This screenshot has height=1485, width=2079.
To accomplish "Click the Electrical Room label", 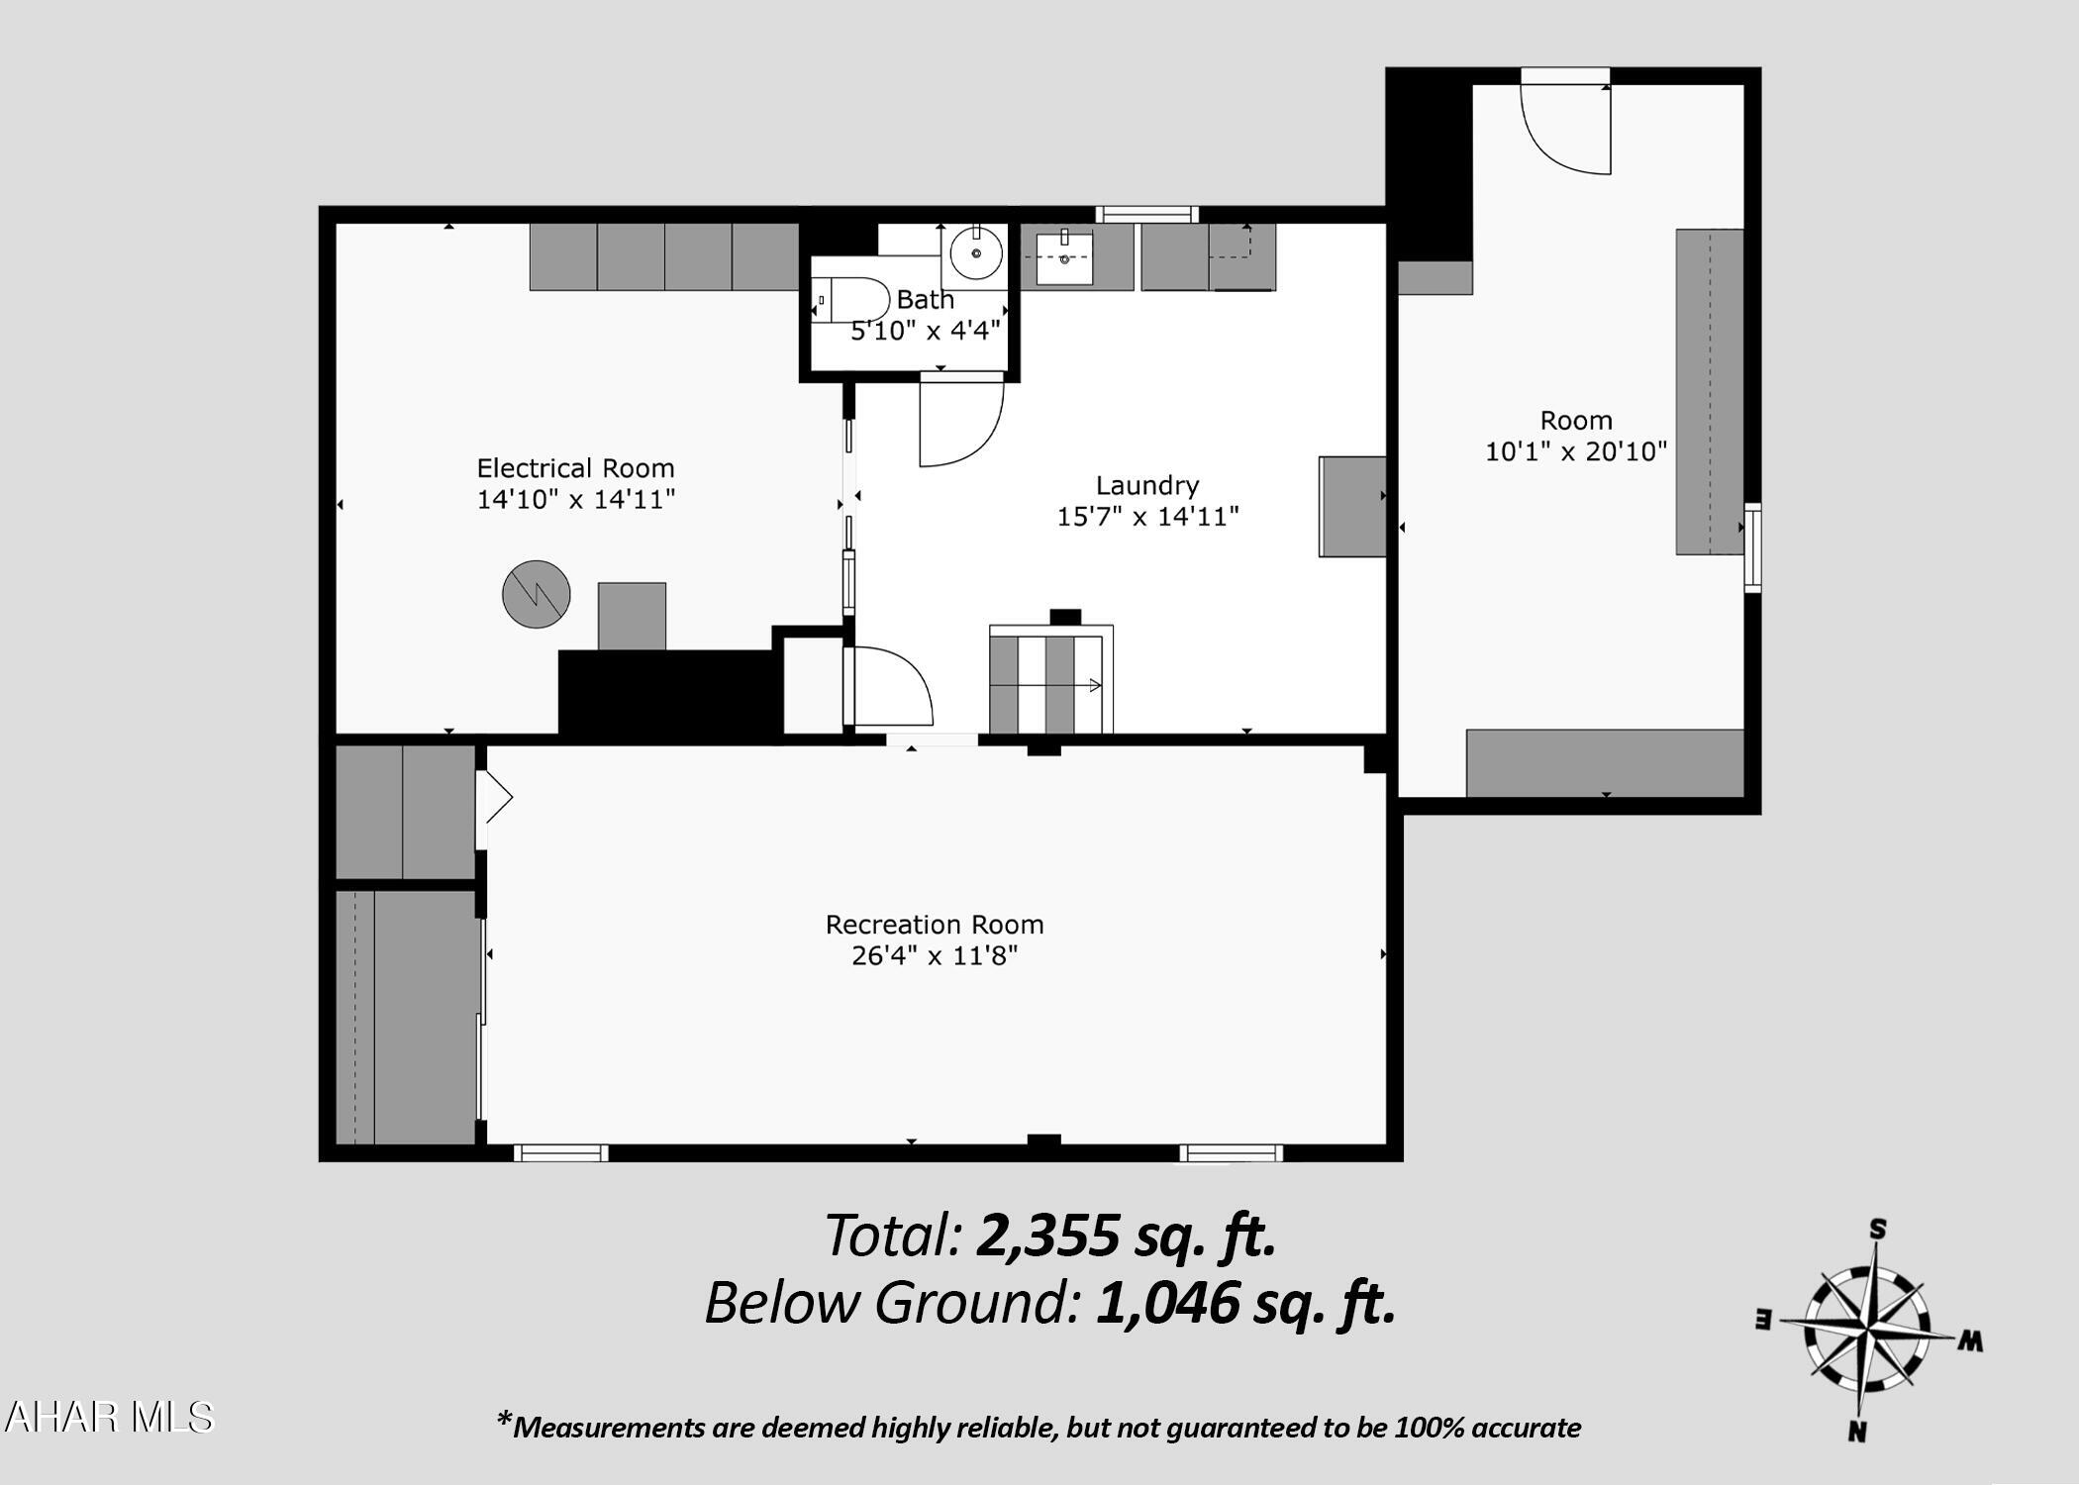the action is [x=575, y=468].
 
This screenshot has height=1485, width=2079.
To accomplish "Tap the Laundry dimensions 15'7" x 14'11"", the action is [x=1148, y=516].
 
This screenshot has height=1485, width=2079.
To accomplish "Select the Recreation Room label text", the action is [x=935, y=925].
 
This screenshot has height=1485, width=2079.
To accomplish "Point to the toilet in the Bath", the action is [x=851, y=299].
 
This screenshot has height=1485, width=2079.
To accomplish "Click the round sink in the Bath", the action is [x=977, y=252].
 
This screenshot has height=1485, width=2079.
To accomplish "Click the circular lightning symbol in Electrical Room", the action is [x=537, y=594].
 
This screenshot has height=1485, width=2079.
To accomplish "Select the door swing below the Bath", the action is [x=961, y=421].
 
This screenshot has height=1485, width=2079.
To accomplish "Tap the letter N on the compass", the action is [x=1857, y=1432].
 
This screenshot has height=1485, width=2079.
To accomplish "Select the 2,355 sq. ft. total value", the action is [x=1126, y=1236].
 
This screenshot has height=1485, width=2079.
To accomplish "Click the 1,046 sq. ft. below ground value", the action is [x=1245, y=1303].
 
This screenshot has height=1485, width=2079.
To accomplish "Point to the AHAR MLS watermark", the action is [x=108, y=1418].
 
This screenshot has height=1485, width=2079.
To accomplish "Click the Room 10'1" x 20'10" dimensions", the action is [x=1576, y=451].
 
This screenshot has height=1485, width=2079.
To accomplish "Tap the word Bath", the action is [x=926, y=299].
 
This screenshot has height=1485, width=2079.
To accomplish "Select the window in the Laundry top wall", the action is [x=1146, y=214].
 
